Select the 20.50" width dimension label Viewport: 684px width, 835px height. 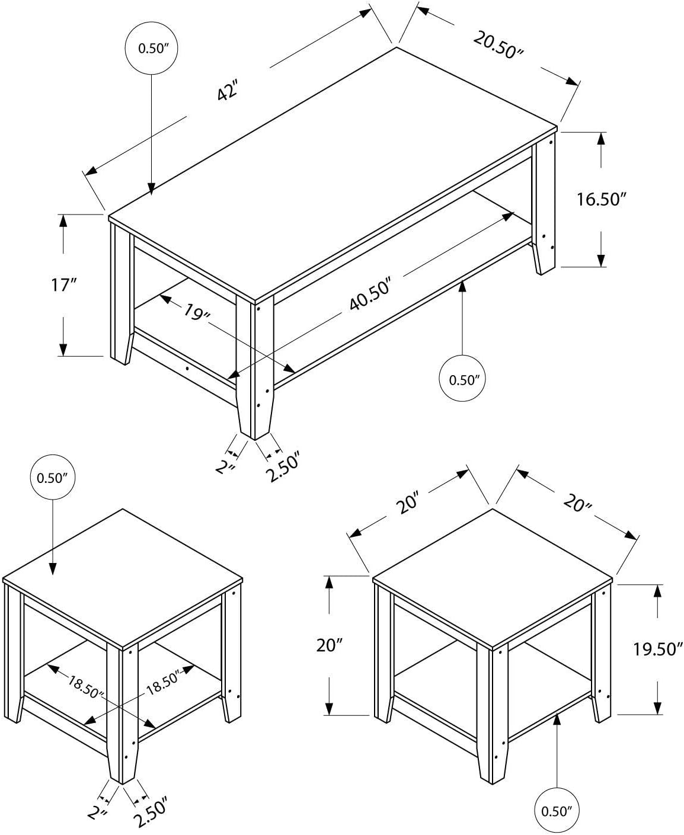pos(498,44)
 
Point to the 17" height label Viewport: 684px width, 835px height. pos(63,285)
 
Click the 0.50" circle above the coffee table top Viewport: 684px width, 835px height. pos(151,49)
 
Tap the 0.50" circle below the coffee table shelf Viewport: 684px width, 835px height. pos(463,380)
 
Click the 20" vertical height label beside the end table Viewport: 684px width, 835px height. pos(327,645)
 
